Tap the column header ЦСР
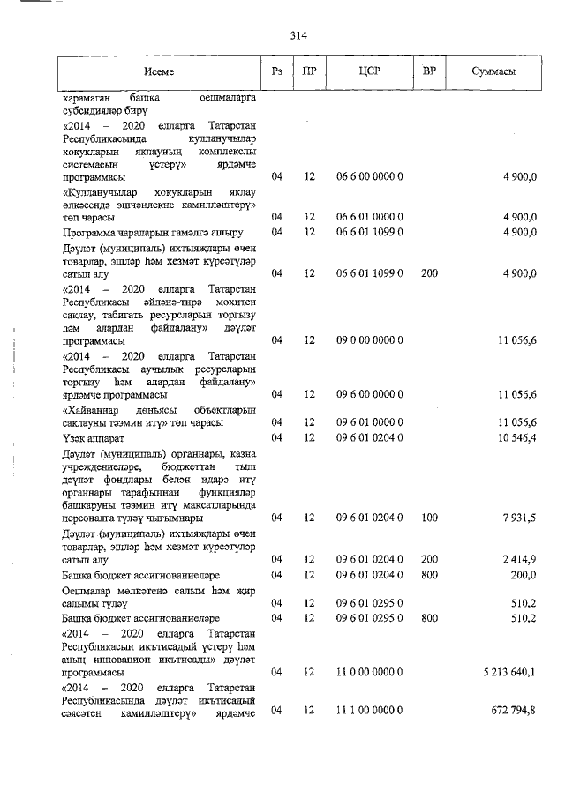[370, 71]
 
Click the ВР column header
[430, 71]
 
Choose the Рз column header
[277, 71]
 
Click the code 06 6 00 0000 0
[370, 176]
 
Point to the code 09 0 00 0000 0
[370, 339]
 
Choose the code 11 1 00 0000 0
[370, 710]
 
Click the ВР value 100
[430, 518]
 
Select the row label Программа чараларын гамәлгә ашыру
[152, 232]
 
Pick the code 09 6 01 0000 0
[370, 422]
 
